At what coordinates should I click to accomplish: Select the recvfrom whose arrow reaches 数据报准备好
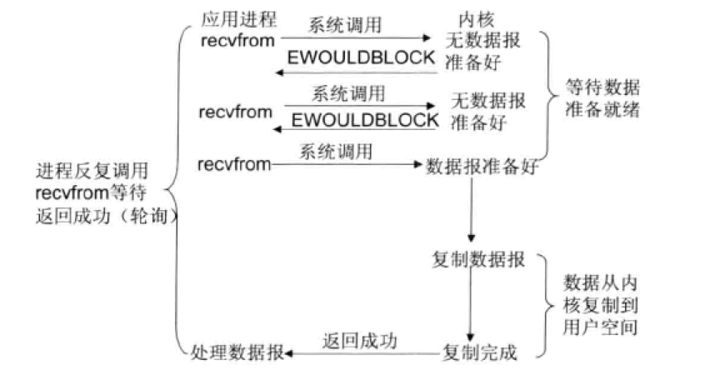pos(235,164)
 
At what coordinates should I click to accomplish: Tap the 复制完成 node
pos(479,352)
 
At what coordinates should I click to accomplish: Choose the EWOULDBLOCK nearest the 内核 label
pos(360,57)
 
